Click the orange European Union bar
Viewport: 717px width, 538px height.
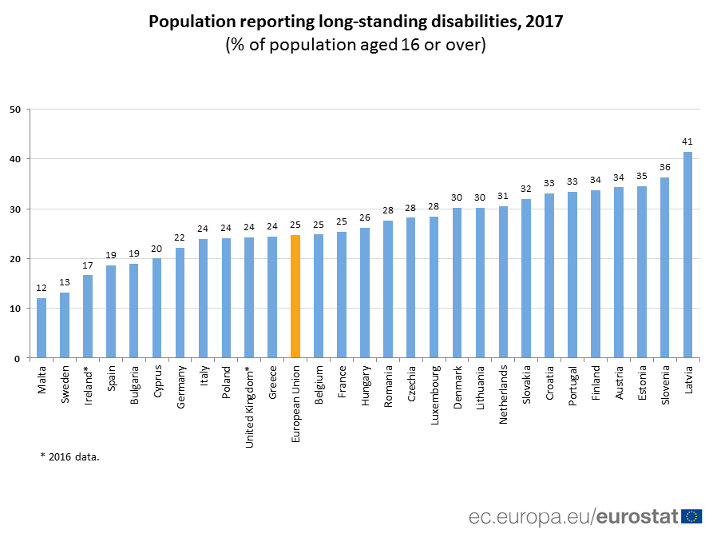click(295, 297)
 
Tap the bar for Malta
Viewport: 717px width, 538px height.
click(42, 329)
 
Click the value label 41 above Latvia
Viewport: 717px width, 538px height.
click(687, 141)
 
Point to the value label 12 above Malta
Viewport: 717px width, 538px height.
click(42, 288)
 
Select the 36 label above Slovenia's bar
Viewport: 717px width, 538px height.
click(664, 167)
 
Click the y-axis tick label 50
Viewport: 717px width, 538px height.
click(15, 110)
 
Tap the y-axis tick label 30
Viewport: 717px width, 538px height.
click(15, 209)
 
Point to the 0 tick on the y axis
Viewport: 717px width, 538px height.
click(18, 359)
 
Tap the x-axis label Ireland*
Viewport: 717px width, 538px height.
click(88, 385)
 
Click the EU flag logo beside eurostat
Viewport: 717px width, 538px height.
click(691, 516)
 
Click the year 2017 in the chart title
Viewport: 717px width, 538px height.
click(544, 22)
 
